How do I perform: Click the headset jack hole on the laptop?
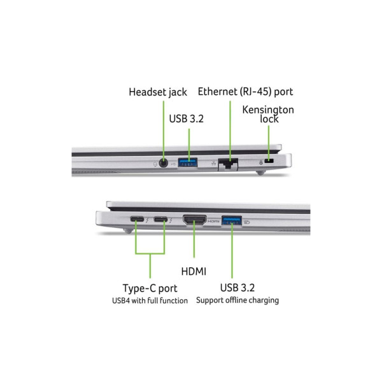(164, 163)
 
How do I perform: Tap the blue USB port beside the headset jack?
(188, 162)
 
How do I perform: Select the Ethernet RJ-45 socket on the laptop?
(228, 164)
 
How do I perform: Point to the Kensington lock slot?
(269, 161)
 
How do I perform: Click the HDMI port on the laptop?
(194, 220)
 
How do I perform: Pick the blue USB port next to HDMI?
(232, 221)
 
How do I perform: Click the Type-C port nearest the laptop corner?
(137, 219)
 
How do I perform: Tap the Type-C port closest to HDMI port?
(160, 220)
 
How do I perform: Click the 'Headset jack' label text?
(158, 92)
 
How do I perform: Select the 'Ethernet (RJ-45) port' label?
(245, 92)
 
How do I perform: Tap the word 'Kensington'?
(268, 110)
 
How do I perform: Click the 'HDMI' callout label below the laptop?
(194, 271)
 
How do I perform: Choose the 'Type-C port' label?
(150, 288)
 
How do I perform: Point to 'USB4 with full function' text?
(150, 301)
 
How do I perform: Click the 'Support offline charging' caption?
(237, 300)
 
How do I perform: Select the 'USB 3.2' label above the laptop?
(187, 119)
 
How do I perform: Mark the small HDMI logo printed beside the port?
(214, 221)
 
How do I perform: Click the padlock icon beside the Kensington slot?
(261, 162)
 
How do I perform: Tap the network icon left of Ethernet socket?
(214, 163)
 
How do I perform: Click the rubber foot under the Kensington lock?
(260, 173)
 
